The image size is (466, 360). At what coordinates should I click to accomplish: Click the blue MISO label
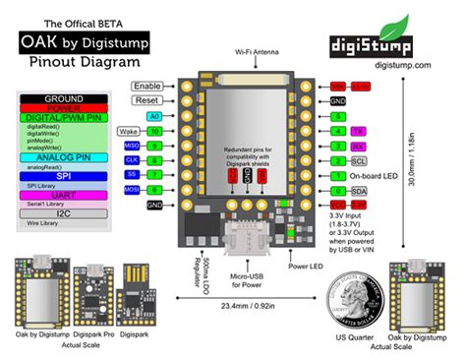(130, 146)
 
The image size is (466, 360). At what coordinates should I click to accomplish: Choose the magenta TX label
(359, 131)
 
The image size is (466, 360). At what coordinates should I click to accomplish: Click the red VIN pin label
(337, 87)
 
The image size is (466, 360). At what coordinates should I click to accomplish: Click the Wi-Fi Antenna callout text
(255, 49)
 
